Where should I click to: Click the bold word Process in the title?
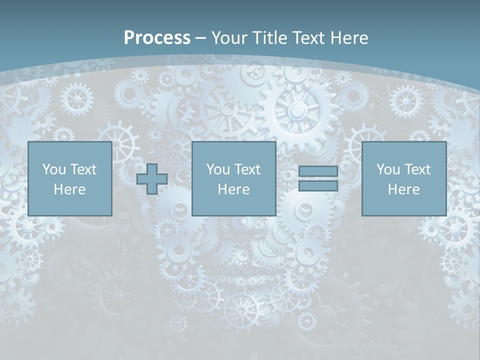tap(157, 38)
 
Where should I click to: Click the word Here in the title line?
tap(349, 38)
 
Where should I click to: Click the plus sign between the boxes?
tap(152, 179)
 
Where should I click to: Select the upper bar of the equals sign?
tap(318, 171)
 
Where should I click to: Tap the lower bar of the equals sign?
tap(318, 186)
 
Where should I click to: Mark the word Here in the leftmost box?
tap(69, 189)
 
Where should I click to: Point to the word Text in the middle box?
tap(247, 169)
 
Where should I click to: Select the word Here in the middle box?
tap(233, 189)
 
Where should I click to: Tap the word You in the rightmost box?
tap(388, 169)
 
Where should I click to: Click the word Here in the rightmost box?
tap(403, 189)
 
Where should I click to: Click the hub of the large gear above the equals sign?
tap(297, 109)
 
